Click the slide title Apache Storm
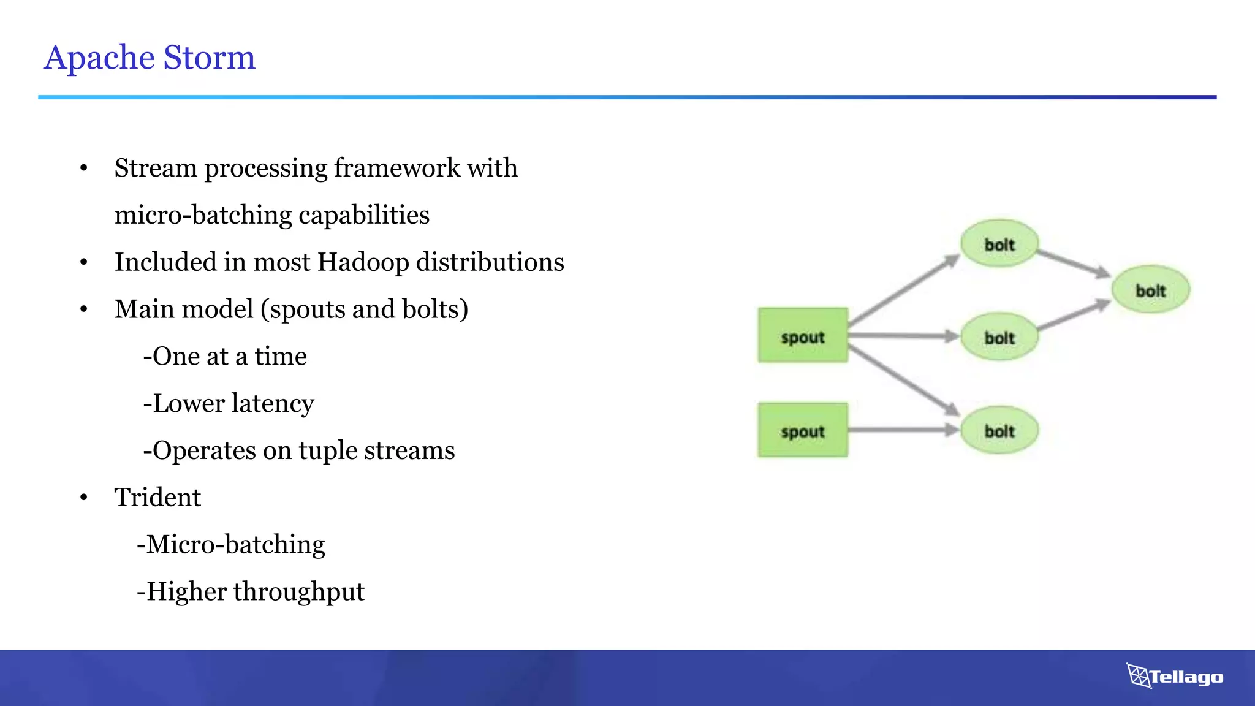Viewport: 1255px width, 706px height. (150, 58)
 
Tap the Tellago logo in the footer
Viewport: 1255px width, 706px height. (1175, 677)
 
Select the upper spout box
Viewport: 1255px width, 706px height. (803, 336)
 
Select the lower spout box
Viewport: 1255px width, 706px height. (803, 430)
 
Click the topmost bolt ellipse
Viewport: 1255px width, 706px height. (999, 244)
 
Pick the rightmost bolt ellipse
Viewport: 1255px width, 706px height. (1150, 290)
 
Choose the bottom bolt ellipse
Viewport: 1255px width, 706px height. (999, 431)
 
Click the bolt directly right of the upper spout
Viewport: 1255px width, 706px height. (999, 337)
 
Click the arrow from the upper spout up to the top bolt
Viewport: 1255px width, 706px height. (903, 290)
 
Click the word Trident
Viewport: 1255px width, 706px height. (157, 497)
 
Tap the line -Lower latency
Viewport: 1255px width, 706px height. (229, 403)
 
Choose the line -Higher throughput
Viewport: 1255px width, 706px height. (251, 591)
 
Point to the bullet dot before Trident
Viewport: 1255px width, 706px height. (84, 498)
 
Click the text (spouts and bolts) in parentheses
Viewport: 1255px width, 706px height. (365, 309)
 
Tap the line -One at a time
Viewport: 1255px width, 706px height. (225, 356)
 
